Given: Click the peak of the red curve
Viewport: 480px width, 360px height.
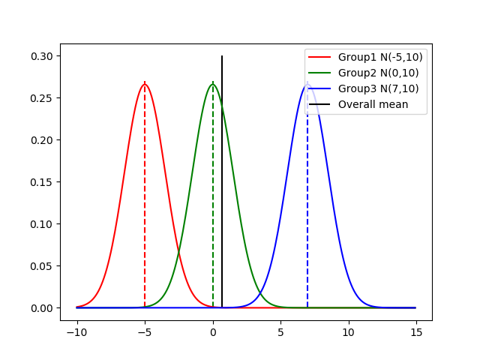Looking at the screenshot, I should tap(145, 84).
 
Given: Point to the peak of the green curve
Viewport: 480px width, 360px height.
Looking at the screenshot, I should tap(213, 84).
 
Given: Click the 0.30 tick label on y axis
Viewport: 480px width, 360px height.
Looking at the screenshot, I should tap(43, 56).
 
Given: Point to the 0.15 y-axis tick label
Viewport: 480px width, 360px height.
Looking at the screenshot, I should tap(43, 182).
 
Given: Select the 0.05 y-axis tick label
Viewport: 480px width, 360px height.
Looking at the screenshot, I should tap(43, 266).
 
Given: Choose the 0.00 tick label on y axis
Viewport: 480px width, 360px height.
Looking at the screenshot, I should tap(43, 308).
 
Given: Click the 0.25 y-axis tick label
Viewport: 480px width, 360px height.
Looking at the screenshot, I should tap(43, 98).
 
